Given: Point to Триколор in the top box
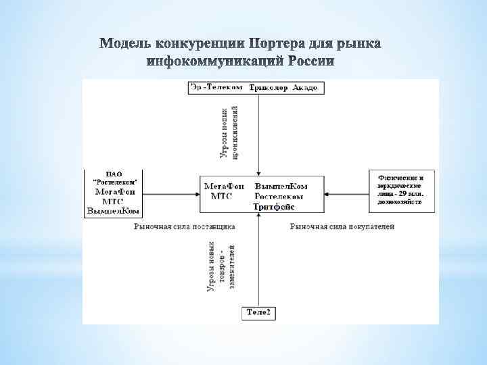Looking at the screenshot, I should tap(269, 88).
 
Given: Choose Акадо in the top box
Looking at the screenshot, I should tap(305, 88).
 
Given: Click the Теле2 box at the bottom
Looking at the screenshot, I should tap(258, 312).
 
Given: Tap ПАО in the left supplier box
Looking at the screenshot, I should tap(114, 173).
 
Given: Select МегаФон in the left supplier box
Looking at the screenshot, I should tap(114, 191).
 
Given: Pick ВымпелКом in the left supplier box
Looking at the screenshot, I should tap(114, 210).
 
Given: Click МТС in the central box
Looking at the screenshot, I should tap(222, 196).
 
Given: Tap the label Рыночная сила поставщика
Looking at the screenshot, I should tap(184, 226).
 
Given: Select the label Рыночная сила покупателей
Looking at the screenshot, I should tap(342, 226).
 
